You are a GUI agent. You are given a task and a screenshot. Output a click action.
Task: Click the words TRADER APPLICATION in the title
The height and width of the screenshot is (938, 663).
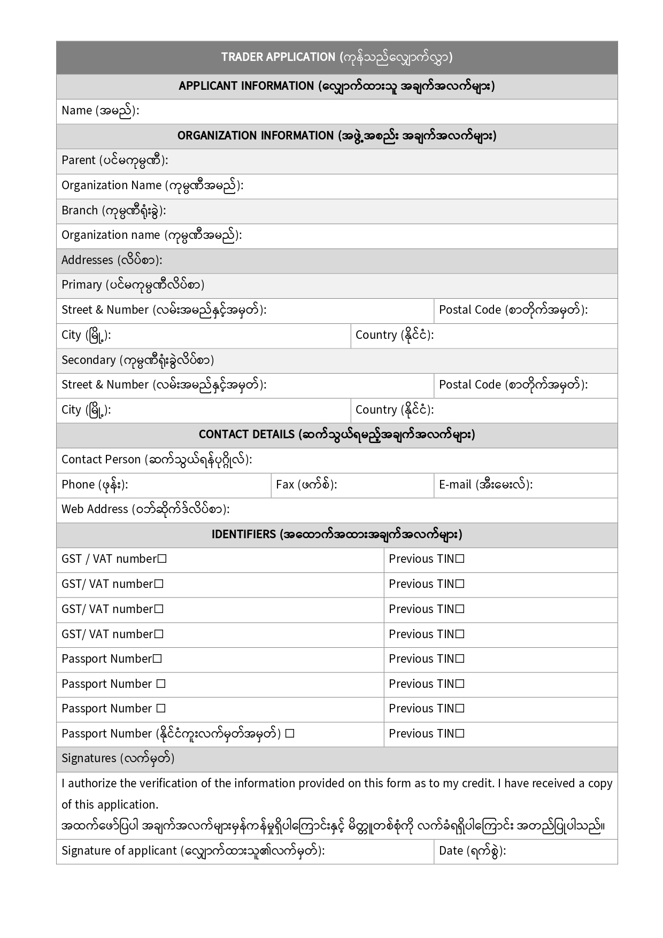click(278, 57)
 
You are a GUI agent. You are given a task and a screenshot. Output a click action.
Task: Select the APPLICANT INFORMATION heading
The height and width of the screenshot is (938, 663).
click(246, 86)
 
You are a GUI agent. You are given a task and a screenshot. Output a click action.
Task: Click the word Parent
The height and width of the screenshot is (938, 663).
click(79, 160)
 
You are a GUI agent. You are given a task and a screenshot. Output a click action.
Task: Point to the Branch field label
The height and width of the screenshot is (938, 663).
click(80, 211)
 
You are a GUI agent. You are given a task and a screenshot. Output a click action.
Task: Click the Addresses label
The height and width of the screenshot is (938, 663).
click(87, 260)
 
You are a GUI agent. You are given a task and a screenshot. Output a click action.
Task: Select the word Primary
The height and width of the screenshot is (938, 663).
click(81, 285)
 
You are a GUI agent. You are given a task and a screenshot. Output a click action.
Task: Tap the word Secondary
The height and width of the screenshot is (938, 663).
click(88, 360)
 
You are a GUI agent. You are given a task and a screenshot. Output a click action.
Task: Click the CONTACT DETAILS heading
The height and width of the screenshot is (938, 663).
click(246, 435)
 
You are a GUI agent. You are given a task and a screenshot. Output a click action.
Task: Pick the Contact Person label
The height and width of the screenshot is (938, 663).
click(101, 460)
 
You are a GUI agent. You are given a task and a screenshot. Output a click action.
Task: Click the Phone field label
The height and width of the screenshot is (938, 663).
click(78, 485)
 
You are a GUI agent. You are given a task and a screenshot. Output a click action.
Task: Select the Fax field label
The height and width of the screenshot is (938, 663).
click(285, 485)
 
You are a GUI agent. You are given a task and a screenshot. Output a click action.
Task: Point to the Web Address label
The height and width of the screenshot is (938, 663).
click(95, 509)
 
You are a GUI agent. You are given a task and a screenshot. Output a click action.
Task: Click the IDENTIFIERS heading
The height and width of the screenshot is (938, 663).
click(243, 534)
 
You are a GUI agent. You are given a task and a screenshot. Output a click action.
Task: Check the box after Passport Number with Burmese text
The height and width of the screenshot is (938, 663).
click(289, 734)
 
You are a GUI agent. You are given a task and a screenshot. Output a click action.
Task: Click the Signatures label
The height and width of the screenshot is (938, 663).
click(89, 758)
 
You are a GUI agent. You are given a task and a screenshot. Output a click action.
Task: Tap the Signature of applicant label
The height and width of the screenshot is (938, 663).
click(119, 851)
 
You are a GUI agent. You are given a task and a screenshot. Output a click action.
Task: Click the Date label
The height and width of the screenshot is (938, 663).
click(451, 851)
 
